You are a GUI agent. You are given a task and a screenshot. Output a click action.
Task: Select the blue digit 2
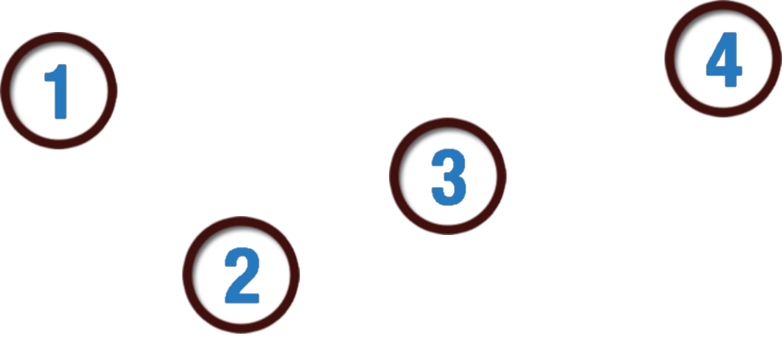[242, 275]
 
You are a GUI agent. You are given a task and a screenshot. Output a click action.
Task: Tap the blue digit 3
[449, 177]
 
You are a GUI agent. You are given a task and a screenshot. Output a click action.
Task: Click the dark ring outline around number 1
[59, 34]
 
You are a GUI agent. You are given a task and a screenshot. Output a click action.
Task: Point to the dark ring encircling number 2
[241, 218]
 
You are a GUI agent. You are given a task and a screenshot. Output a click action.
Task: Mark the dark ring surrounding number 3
[447, 119]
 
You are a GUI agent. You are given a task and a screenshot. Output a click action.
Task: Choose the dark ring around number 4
[723, 3]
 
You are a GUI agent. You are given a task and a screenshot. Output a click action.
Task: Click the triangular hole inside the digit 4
[720, 59]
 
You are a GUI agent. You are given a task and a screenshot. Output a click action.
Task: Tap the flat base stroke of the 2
[242, 299]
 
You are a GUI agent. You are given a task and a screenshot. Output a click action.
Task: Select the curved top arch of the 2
[242, 256]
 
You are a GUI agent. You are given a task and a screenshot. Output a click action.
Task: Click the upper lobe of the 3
[450, 161]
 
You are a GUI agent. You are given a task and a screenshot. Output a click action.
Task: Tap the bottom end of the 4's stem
[730, 86]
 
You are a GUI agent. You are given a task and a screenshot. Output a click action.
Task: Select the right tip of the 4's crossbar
[741, 70]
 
